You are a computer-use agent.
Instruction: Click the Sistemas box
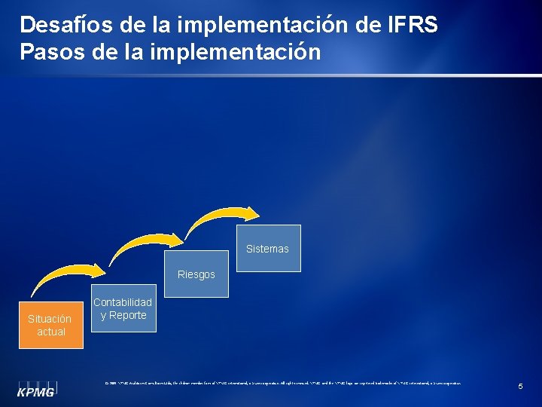[x=267, y=248]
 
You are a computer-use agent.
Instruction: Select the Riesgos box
[x=196, y=274]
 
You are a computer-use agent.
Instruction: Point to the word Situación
[x=50, y=319]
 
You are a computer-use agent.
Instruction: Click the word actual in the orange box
[x=51, y=332]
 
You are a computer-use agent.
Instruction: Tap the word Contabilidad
[x=123, y=302]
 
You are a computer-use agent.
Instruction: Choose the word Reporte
[x=127, y=315]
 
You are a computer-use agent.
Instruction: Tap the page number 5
[x=520, y=387]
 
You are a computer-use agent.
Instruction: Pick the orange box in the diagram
[x=51, y=325]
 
